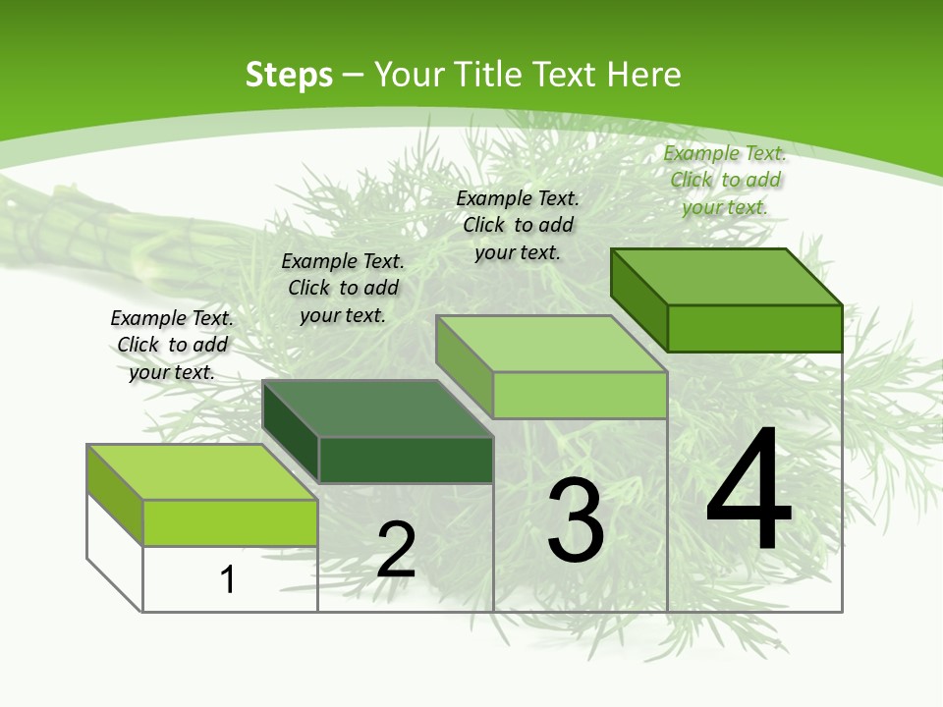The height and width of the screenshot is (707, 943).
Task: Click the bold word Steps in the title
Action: pyautogui.click(x=289, y=75)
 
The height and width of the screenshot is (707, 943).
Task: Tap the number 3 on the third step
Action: pyautogui.click(x=576, y=520)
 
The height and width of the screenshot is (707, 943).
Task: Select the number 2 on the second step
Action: pyautogui.click(x=396, y=550)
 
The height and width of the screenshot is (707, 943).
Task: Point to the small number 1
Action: pyautogui.click(x=228, y=579)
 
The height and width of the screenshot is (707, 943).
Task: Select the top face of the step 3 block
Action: pyautogui.click(x=551, y=344)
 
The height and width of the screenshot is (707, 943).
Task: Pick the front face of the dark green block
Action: pyautogui.click(x=406, y=460)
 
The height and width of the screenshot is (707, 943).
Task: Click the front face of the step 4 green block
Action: pyautogui.click(x=754, y=328)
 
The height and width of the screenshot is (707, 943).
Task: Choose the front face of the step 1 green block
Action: pyautogui.click(x=230, y=522)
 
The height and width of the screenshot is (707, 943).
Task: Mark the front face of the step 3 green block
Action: pyautogui.click(x=580, y=395)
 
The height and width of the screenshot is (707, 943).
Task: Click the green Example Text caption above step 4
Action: pyautogui.click(x=725, y=180)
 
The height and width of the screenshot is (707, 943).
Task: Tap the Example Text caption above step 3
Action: pyautogui.click(x=518, y=225)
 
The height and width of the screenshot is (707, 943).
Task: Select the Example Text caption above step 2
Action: pyautogui.click(x=343, y=288)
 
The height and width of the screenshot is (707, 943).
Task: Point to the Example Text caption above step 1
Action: pyautogui.click(x=172, y=345)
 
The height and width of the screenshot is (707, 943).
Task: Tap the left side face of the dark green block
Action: pyautogui.click(x=291, y=432)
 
